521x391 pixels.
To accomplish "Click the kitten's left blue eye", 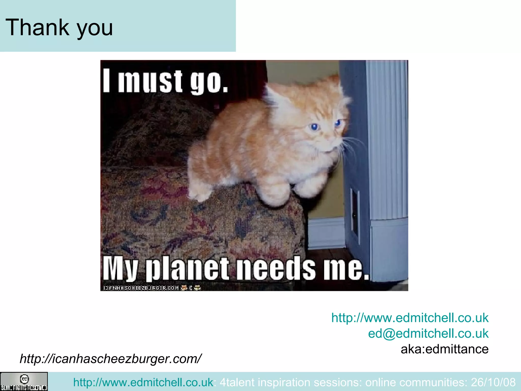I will tap(314, 127).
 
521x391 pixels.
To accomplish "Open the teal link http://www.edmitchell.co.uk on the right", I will tap(410, 318).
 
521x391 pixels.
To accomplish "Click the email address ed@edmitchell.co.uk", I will tap(428, 333).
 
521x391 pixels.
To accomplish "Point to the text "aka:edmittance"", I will tap(444, 349).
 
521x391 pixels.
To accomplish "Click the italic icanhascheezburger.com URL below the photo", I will tap(111, 359).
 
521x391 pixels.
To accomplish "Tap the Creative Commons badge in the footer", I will tap(24, 381).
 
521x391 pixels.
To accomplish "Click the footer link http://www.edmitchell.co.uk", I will tap(143, 382).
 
